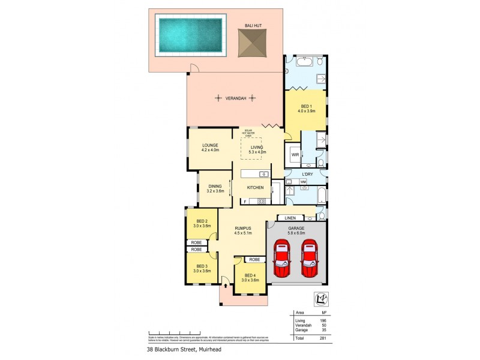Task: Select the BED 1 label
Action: tap(306, 106)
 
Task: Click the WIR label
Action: tap(295, 155)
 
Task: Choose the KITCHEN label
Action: tap(256, 188)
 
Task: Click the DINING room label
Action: tap(214, 187)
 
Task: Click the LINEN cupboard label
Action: tap(291, 217)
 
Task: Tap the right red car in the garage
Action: tap(309, 259)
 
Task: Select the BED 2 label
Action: tap(202, 221)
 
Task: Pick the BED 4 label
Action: tap(250, 276)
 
